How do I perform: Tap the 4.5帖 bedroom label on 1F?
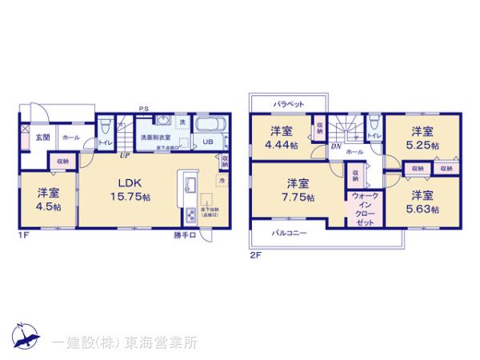(x=47, y=198)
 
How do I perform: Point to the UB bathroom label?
(x=206, y=142)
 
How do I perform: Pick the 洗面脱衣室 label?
(x=156, y=138)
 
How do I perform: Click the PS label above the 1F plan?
(x=143, y=108)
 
